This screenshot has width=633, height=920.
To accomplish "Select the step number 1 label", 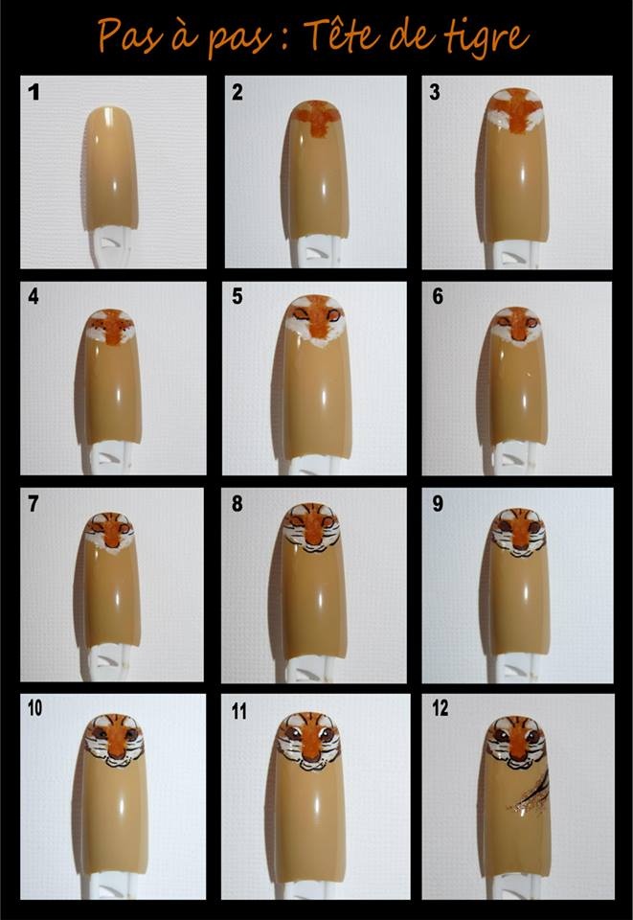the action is point(34,92).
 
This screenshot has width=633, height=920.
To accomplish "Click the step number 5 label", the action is point(237,296).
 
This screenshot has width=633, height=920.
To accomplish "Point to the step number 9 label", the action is point(438,503).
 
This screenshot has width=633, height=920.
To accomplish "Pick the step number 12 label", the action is point(441,708).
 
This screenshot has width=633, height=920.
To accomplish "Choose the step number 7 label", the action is point(34,503).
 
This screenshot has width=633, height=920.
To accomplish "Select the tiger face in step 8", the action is point(312,527).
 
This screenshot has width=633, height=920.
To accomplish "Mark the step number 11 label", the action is point(238,712).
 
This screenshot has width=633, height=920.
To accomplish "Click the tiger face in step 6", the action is point(517,327).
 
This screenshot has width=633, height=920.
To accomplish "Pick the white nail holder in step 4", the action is point(110,458).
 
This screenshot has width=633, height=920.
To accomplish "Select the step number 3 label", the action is point(435,92).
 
